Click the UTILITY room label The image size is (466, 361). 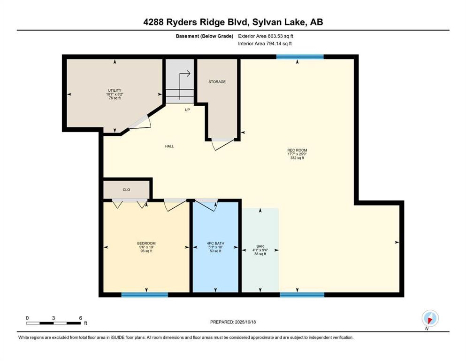click(x=115, y=90)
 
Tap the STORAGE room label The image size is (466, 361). click(x=217, y=81)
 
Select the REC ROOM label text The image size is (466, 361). click(x=297, y=150)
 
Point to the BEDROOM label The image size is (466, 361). click(x=146, y=243)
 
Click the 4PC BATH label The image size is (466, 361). click(x=215, y=243)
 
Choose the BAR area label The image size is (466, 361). click(x=260, y=246)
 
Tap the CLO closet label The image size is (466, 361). click(x=126, y=189)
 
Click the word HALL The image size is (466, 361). click(x=169, y=146)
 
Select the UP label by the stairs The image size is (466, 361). click(x=187, y=110)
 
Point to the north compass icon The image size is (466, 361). click(x=430, y=318)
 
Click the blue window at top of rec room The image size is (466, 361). click(x=300, y=57)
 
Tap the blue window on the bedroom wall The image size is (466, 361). click(x=145, y=295)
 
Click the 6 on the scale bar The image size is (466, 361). click(x=81, y=318)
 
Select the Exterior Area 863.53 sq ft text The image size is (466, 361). click(x=266, y=36)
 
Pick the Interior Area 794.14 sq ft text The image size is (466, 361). click(x=265, y=43)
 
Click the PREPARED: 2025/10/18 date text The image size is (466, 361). click(x=233, y=322)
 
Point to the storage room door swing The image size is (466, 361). click(x=223, y=143)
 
